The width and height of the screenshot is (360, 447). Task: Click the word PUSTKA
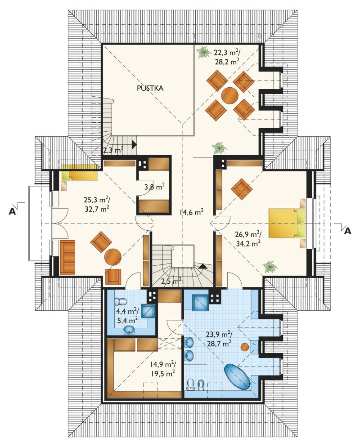150,89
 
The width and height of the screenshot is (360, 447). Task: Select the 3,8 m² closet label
154,187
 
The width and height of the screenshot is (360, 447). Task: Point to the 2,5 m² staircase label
171,282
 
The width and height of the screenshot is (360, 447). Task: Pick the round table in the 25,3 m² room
113,257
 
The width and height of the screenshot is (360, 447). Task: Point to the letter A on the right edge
347,231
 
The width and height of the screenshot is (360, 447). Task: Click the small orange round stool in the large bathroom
244,347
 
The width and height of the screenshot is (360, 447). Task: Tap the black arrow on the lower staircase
202,266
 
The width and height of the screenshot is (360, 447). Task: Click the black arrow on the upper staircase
134,144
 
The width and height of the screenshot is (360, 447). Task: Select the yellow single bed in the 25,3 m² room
79,172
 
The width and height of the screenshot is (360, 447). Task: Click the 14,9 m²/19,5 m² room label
163,369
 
